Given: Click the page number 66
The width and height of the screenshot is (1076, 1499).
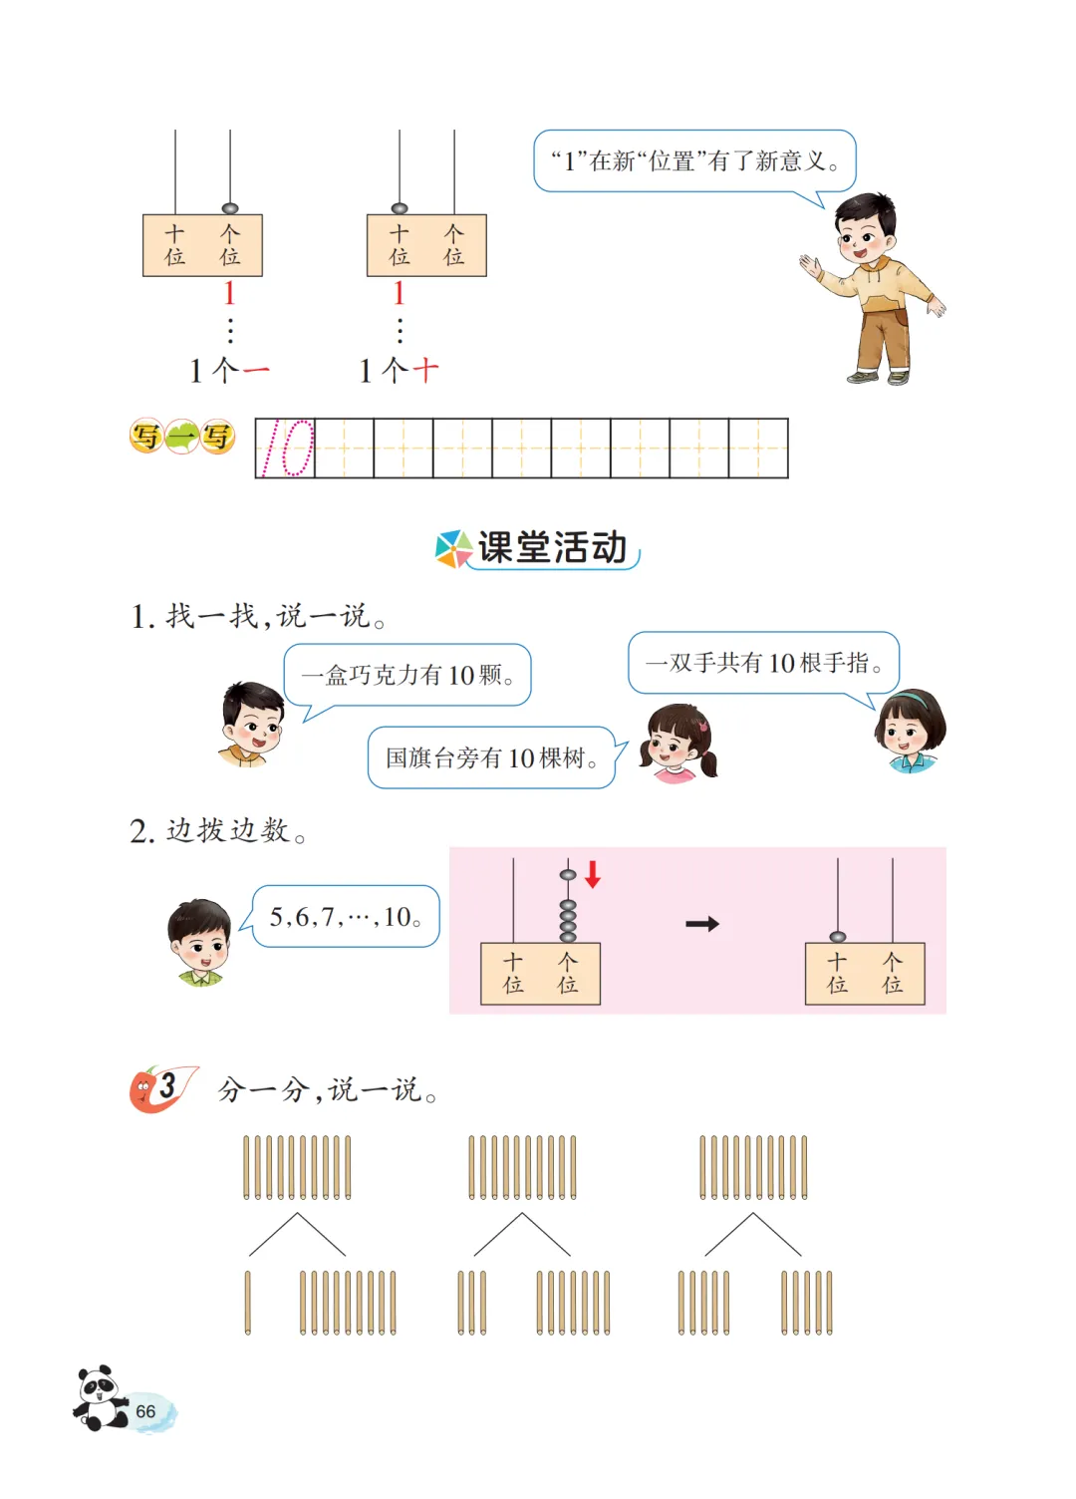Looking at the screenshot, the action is [x=145, y=1410].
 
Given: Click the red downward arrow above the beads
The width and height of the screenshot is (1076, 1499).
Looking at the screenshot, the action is [x=593, y=874].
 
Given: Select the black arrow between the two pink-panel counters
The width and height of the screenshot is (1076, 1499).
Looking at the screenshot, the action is [x=702, y=924].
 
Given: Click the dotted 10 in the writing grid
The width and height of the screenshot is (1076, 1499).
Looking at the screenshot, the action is [x=288, y=448].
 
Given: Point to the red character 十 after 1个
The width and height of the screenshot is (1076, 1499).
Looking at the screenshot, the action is [x=425, y=370].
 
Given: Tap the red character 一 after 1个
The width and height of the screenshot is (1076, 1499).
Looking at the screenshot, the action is [x=255, y=370].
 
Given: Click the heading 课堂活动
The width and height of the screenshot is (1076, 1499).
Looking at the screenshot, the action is [x=552, y=547].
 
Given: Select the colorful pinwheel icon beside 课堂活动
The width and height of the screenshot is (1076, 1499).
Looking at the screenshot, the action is [x=454, y=549].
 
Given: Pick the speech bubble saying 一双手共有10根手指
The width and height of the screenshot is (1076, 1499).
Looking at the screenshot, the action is [x=764, y=663].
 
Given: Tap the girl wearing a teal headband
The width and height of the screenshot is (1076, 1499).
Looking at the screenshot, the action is [x=911, y=731].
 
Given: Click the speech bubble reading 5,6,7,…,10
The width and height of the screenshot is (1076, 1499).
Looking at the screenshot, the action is [x=345, y=916].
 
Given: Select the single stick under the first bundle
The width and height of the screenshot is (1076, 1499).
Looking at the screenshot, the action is [x=247, y=1303].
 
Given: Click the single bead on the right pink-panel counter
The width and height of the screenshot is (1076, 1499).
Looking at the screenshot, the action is [x=837, y=936].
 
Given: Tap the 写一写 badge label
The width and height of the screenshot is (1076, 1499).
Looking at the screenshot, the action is [x=182, y=437].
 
